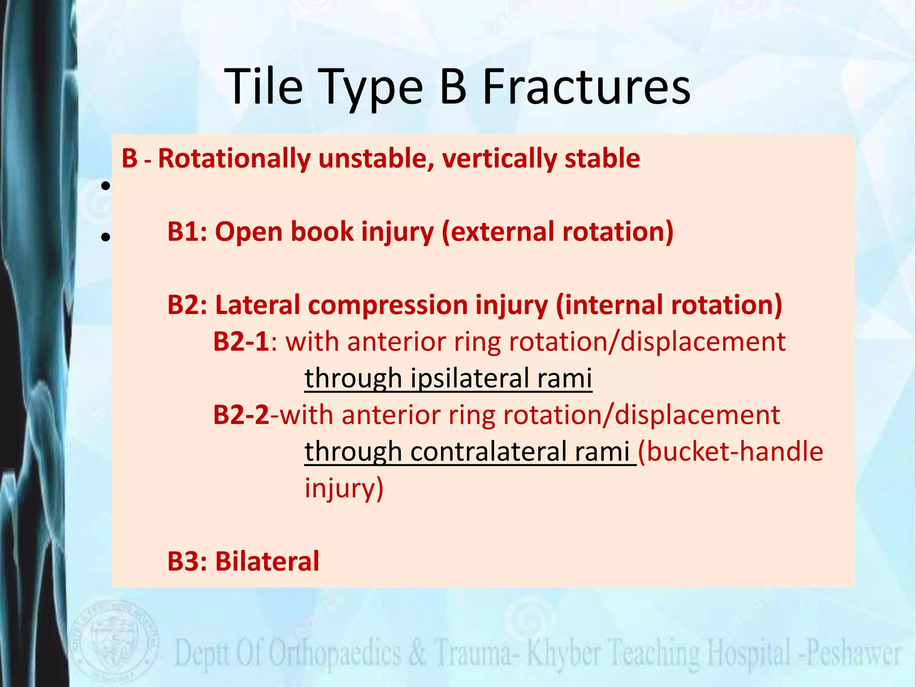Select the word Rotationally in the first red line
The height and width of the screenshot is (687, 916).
pyautogui.click(x=234, y=158)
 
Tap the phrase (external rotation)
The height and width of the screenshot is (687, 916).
pyautogui.click(x=557, y=232)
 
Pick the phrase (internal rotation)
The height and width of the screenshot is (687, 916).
pyautogui.click(x=669, y=305)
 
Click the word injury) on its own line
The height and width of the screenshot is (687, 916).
pyautogui.click(x=343, y=488)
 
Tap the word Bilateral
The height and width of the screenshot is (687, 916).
pyautogui.click(x=267, y=562)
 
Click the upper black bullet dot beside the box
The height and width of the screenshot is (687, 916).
pyautogui.click(x=106, y=186)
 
